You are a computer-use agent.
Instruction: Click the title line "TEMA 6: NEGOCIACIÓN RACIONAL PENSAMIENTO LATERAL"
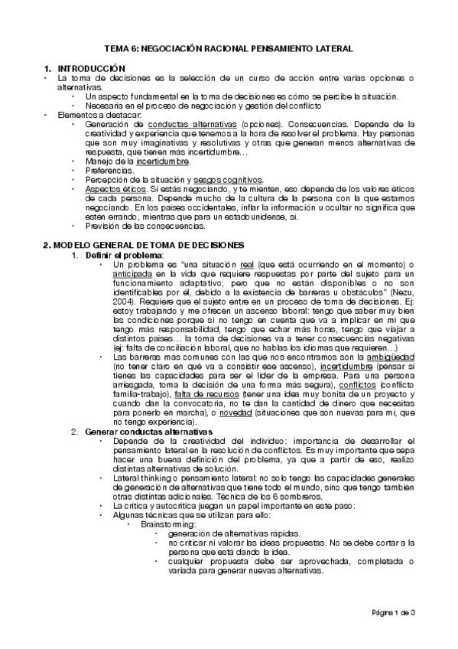228,47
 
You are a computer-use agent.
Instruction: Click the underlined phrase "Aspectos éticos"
112,188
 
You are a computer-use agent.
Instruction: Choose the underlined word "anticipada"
133,274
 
